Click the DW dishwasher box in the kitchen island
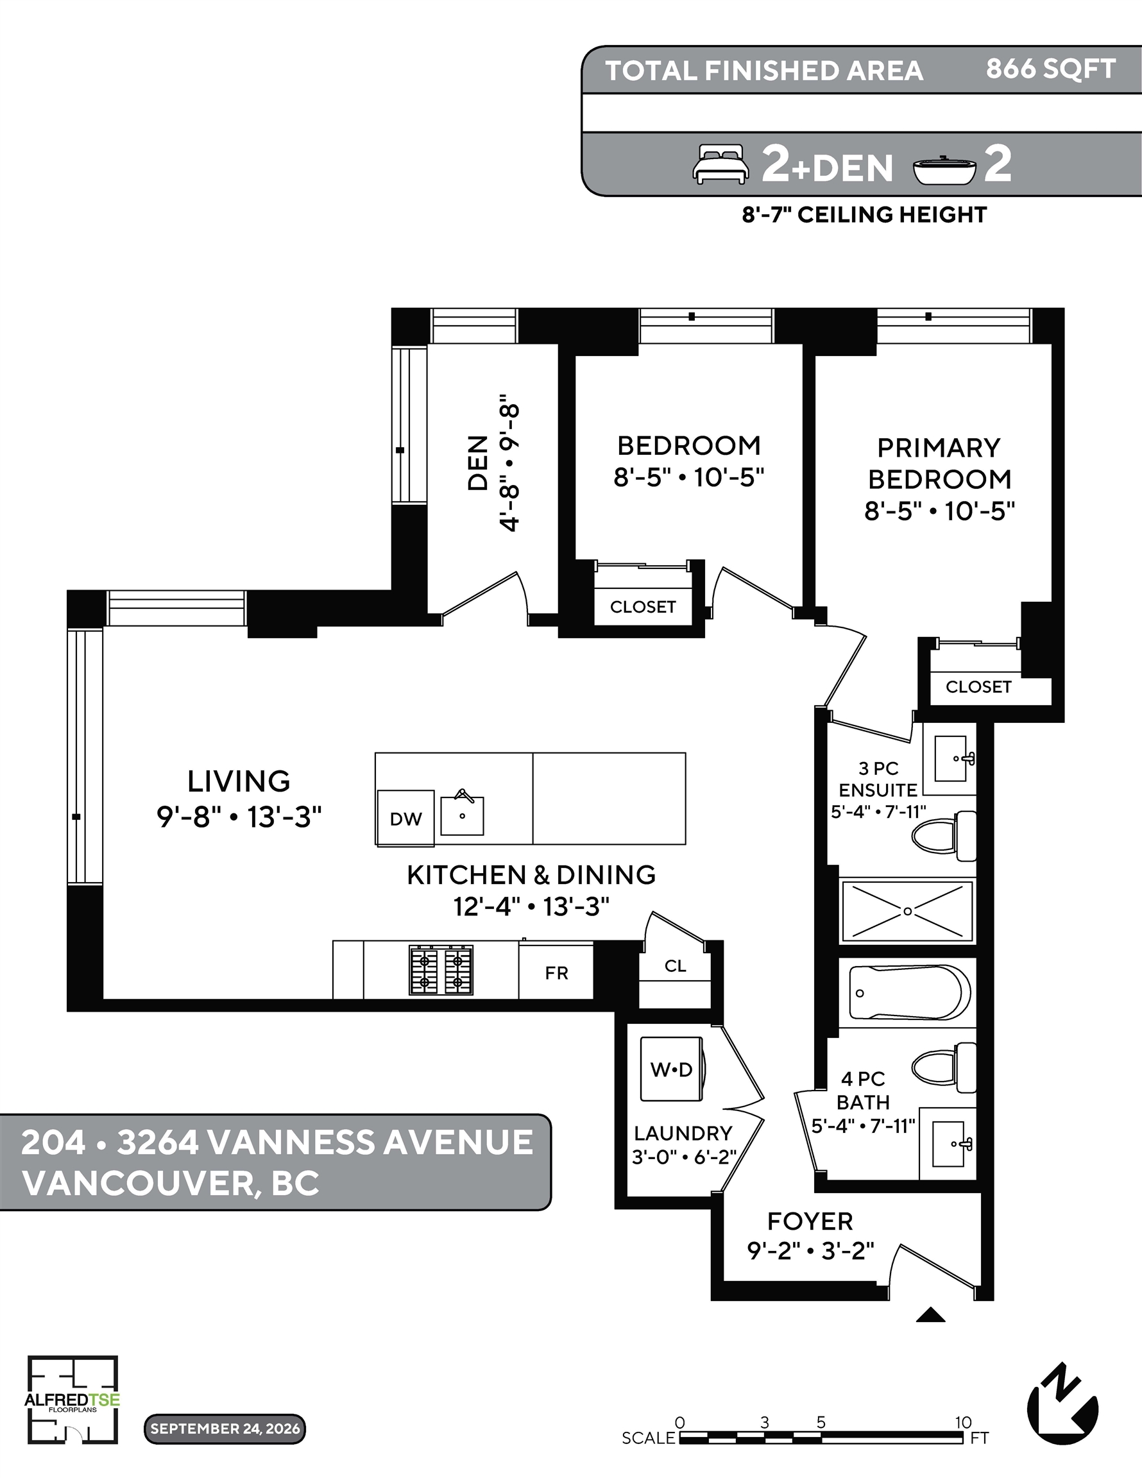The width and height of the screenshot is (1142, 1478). pyautogui.click(x=405, y=817)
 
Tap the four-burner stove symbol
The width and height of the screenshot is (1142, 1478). pyautogui.click(x=441, y=971)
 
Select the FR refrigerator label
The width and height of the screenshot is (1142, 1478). pyautogui.click(x=556, y=973)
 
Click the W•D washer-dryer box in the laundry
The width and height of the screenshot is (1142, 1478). pyautogui.click(x=672, y=1070)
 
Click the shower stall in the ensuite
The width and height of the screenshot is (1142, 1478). pyautogui.click(x=907, y=911)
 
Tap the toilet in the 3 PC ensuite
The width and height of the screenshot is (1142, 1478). pyautogui.click(x=944, y=837)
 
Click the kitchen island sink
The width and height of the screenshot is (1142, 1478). pyautogui.click(x=463, y=814)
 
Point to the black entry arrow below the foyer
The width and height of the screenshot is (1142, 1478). pyautogui.click(x=930, y=1315)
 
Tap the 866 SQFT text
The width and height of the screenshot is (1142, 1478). pyautogui.click(x=1051, y=69)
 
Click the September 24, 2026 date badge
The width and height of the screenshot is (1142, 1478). pyautogui.click(x=225, y=1429)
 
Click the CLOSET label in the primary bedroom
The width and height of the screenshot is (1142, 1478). pyautogui.click(x=978, y=687)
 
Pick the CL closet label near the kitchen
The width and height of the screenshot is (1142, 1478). pyautogui.click(x=675, y=965)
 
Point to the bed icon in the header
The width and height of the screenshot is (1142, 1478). pyautogui.click(x=721, y=164)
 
